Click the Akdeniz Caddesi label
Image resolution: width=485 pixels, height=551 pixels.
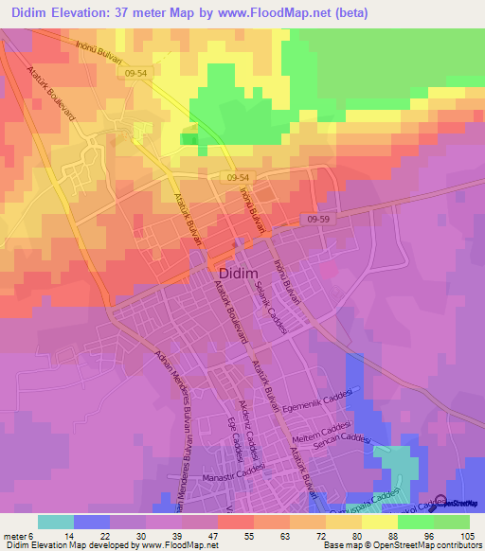pyautogui.click(x=250, y=420)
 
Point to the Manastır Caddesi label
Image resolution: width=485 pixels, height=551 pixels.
pyautogui.click(x=232, y=478)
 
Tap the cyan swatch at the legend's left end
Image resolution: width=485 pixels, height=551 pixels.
pyautogui.click(x=56, y=521)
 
